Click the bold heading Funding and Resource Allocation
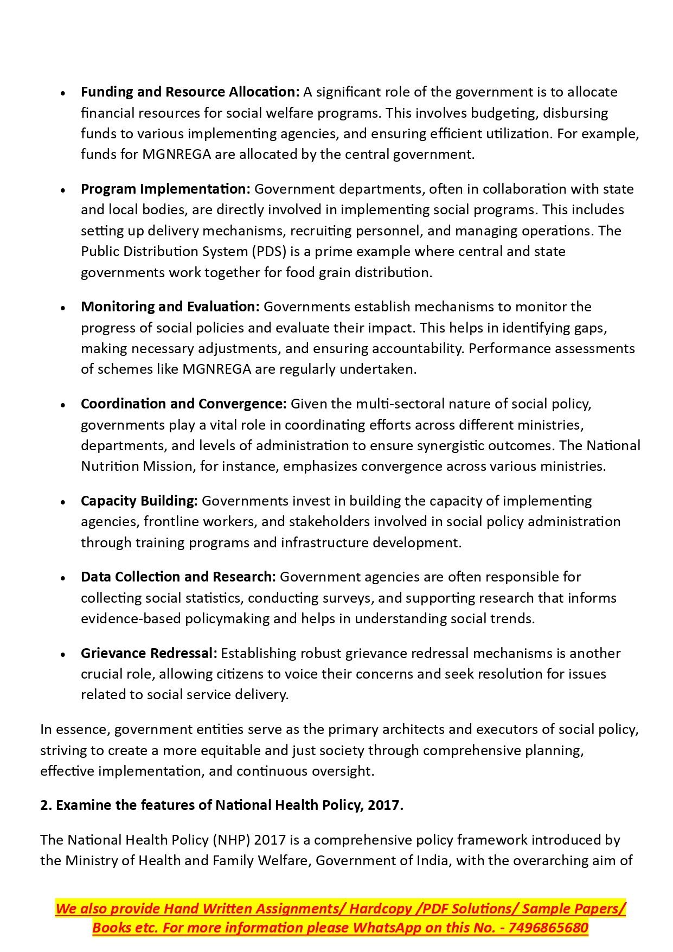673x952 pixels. (190, 92)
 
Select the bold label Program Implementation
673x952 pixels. (165, 189)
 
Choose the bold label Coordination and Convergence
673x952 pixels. (183, 404)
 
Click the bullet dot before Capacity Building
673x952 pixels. (63, 502)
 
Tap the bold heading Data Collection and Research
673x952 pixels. (178, 577)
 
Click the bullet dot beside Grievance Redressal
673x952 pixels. (63, 655)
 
